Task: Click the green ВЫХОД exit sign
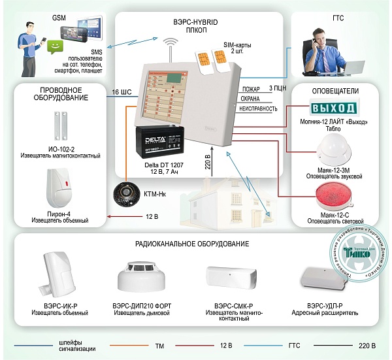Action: tap(333, 108)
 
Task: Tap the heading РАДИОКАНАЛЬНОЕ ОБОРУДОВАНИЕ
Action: tap(192, 244)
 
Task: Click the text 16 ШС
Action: tap(122, 93)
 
